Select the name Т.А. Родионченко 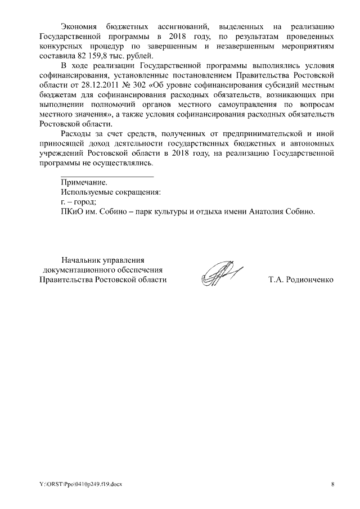(x=301, y=280)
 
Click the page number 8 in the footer (x=332, y=484)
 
